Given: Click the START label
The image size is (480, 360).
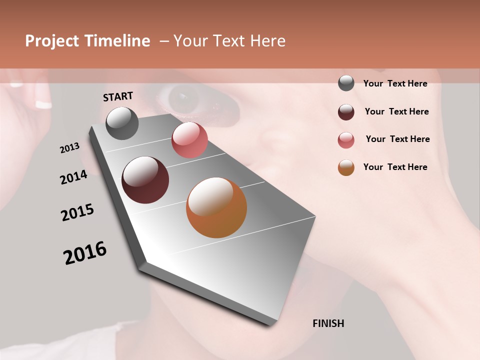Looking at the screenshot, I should [118, 96].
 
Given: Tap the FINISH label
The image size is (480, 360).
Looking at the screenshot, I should [328, 323].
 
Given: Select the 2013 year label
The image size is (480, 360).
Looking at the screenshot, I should [69, 148].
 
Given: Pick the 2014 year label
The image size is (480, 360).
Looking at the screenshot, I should [73, 177].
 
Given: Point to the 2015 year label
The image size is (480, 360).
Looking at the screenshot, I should [77, 212].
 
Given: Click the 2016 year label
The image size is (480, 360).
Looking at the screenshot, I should [85, 253].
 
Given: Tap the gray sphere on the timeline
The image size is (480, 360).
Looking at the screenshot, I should [122, 123].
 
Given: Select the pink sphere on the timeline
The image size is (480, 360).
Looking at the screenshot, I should [189, 140].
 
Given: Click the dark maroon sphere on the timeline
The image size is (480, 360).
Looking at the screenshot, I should [145, 180].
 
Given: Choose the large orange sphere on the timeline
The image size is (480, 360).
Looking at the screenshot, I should [216, 207].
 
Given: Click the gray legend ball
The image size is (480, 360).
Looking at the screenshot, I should [346, 83].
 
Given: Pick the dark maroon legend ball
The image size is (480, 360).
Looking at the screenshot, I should [346, 112].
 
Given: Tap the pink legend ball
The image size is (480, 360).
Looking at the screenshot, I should [346, 140].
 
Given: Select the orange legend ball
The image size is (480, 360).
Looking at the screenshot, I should [346, 168].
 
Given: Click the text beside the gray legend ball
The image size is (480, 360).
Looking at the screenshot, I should [395, 83].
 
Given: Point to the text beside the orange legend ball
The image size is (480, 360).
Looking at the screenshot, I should [395, 167].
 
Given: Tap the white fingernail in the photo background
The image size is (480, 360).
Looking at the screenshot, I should [43, 104].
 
